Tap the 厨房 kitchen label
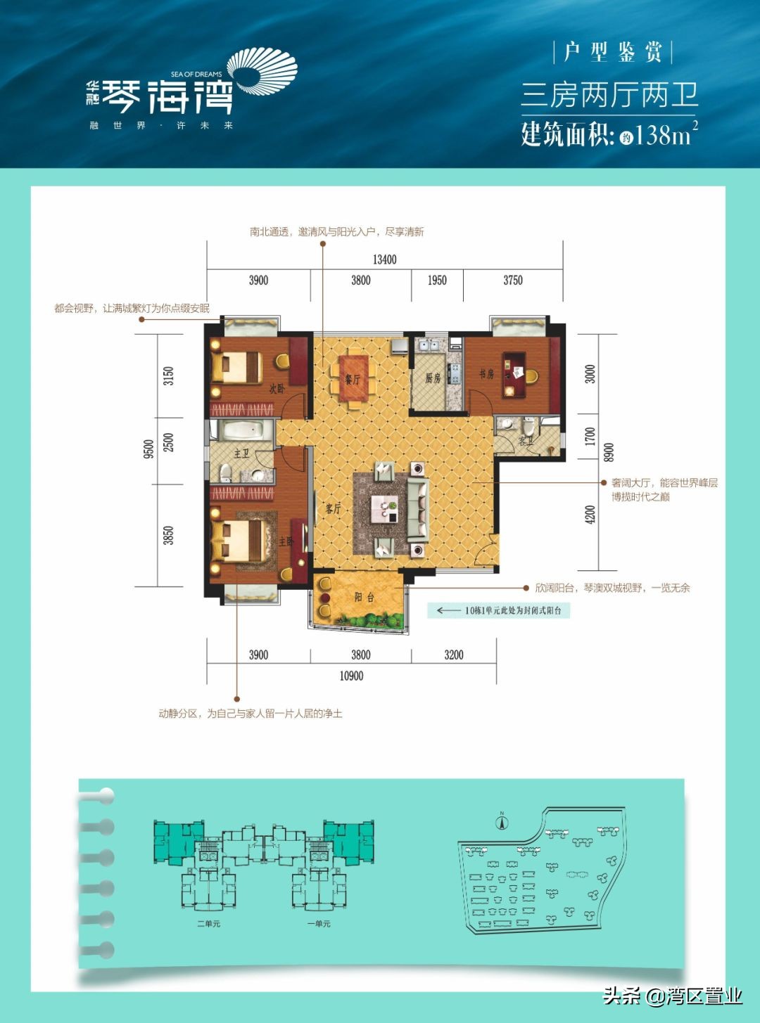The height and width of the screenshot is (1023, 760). pyautogui.click(x=433, y=378)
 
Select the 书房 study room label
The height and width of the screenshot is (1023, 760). pyautogui.click(x=486, y=374)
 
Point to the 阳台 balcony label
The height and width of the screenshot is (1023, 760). pyautogui.click(x=364, y=598)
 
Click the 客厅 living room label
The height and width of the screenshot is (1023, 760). pyautogui.click(x=333, y=508)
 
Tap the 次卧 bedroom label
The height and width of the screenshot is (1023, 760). pyautogui.click(x=277, y=388)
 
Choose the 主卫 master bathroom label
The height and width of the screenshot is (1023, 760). pyautogui.click(x=241, y=453)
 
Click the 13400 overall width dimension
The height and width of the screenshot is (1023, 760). pyautogui.click(x=384, y=259)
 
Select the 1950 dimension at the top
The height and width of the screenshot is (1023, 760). pyautogui.click(x=437, y=280)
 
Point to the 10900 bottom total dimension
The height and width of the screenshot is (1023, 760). pyautogui.click(x=351, y=676)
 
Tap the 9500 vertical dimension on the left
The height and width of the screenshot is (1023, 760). pyautogui.click(x=148, y=449)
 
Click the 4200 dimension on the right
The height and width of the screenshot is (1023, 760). pyautogui.click(x=590, y=515)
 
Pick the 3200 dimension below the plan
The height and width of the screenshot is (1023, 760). pyautogui.click(x=454, y=655)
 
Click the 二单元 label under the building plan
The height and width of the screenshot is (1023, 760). pyautogui.click(x=208, y=923)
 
